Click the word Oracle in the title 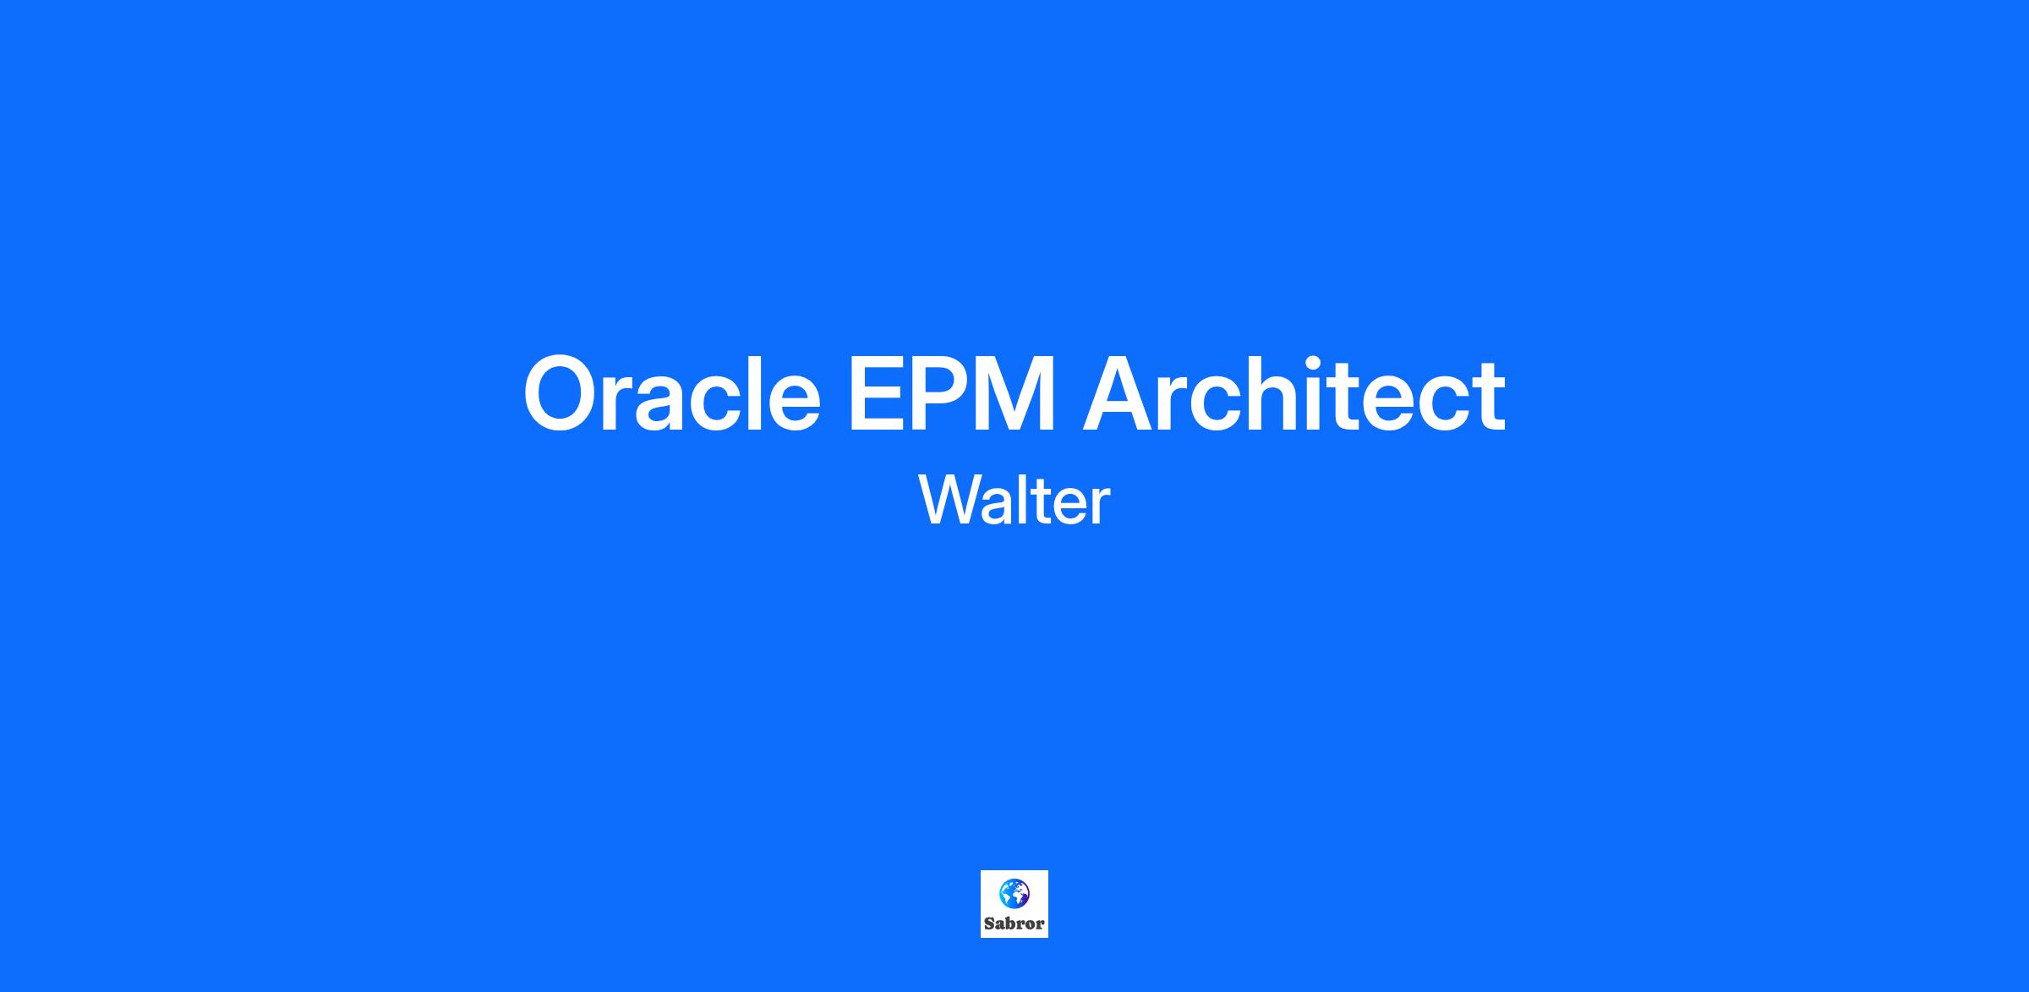(x=672, y=394)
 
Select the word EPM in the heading (x=952, y=394)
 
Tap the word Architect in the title (x=1294, y=392)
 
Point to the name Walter (x=1014, y=500)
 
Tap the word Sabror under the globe (x=1014, y=923)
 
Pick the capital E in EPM (x=877, y=394)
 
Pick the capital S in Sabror (x=990, y=923)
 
